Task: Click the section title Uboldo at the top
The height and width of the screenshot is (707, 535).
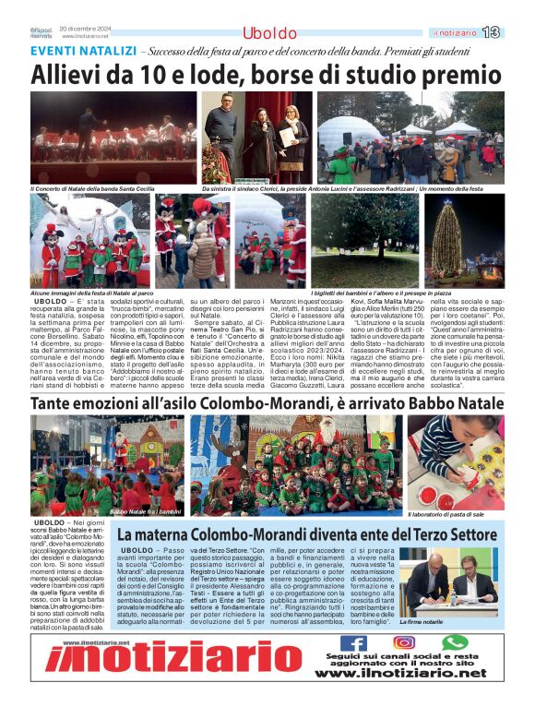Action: pyautogui.click(x=269, y=33)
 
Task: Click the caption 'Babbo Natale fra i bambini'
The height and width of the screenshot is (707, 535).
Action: pyautogui.click(x=146, y=510)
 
